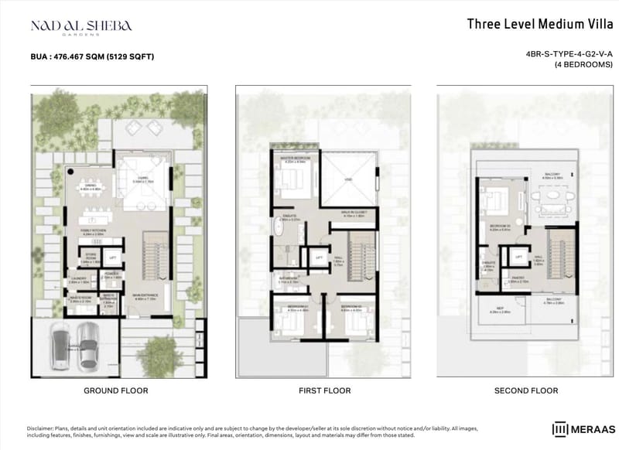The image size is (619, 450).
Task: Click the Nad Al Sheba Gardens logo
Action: (x=80, y=26)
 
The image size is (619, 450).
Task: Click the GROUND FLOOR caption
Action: (x=115, y=391)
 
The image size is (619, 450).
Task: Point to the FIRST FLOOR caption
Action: (x=324, y=391)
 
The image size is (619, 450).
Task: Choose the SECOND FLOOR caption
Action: (x=525, y=391)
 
